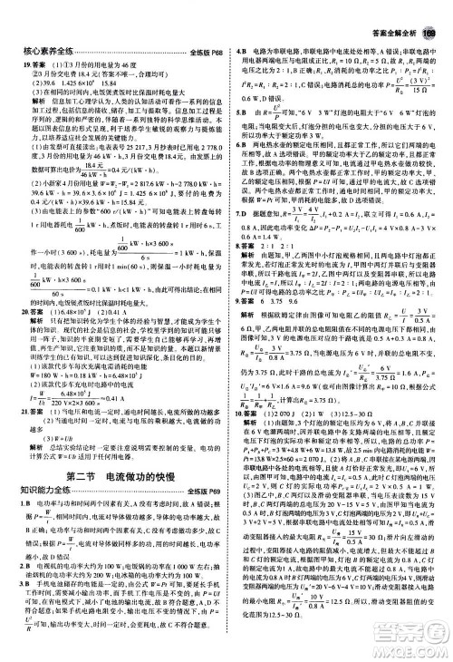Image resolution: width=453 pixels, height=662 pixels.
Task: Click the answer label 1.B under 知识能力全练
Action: coord(26,479)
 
